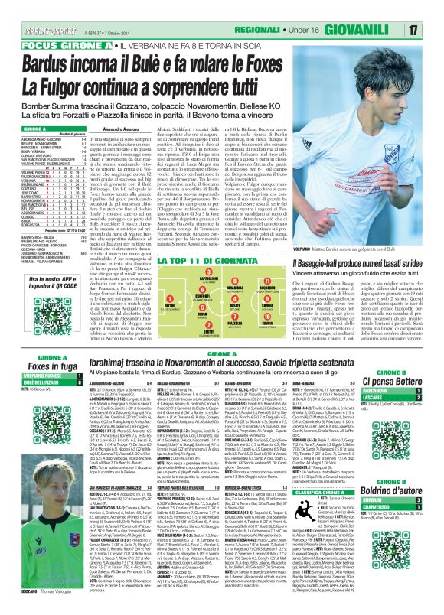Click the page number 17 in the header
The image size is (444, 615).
[433, 8]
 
